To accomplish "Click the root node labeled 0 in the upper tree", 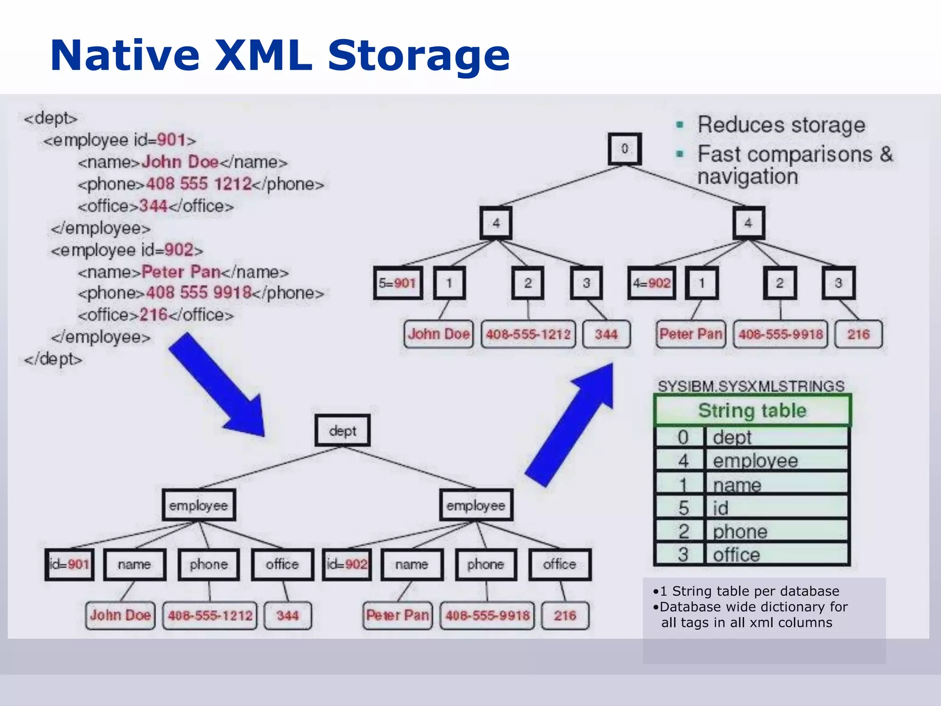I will pyautogui.click(x=624, y=149).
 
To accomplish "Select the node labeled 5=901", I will pyautogui.click(x=397, y=283).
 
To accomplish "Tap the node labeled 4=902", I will pyautogui.click(x=652, y=283).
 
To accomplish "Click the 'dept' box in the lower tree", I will pyautogui.click(x=342, y=431).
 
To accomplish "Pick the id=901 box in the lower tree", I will pyautogui.click(x=69, y=564).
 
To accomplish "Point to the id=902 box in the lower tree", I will pyautogui.click(x=347, y=564).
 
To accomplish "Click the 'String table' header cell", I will pyautogui.click(x=752, y=410).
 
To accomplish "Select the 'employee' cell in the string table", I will pyautogui.click(x=777, y=461).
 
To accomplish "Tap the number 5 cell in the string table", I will pyautogui.click(x=683, y=508).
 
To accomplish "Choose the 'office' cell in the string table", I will pyautogui.click(x=777, y=555).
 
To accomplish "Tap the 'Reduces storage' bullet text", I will pyautogui.click(x=781, y=125).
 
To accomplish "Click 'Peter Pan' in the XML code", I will pyautogui.click(x=181, y=272).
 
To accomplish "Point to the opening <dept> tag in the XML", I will pyautogui.click(x=51, y=118).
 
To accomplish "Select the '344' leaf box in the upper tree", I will pyautogui.click(x=606, y=334).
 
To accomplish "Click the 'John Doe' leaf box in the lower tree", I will pyautogui.click(x=120, y=615).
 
